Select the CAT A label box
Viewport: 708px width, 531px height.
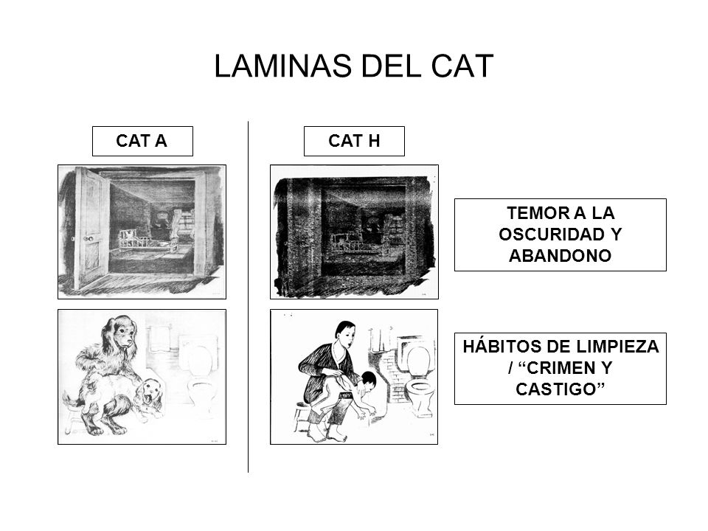coord(142,141)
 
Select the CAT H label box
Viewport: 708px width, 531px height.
coord(355,141)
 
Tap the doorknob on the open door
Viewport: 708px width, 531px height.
coord(87,239)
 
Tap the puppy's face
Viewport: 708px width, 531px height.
coord(153,394)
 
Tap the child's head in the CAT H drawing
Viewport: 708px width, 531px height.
coord(367,381)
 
